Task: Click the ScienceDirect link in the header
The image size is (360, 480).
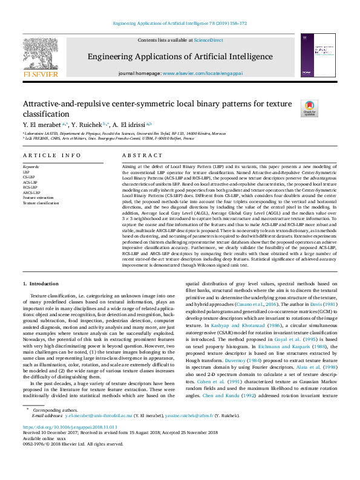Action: tap(208, 41)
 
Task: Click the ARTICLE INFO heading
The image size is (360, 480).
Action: tap(52, 155)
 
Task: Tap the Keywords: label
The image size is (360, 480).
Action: tap(31, 166)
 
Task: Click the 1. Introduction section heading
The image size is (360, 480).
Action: tap(42, 284)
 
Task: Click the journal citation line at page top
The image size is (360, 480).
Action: tap(180, 24)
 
